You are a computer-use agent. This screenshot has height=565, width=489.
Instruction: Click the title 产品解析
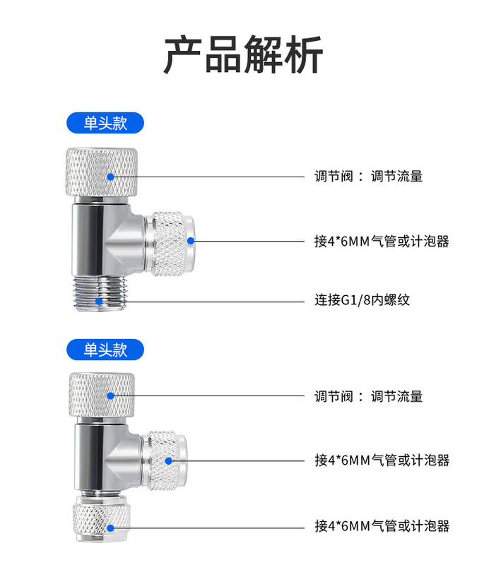pyautogui.click(x=244, y=54)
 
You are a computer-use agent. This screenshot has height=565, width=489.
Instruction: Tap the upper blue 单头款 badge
pyautogui.click(x=105, y=123)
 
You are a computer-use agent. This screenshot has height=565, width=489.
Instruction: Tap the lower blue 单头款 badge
pyautogui.click(x=105, y=349)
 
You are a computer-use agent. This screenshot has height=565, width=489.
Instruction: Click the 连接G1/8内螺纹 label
pyautogui.click(x=362, y=300)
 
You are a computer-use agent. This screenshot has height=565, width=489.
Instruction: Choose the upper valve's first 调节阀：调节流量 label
pyautogui.click(x=368, y=177)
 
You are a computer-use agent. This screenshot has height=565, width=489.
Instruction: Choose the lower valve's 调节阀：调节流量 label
pyautogui.click(x=368, y=397)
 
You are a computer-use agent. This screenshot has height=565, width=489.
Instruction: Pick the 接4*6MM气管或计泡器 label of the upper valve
pyautogui.click(x=382, y=241)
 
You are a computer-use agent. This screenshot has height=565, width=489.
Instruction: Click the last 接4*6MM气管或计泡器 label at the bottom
pyautogui.click(x=382, y=526)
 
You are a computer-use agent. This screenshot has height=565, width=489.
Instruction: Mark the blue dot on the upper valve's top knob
pyautogui.click(x=110, y=177)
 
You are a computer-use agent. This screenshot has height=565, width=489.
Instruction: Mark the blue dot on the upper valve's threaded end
pyautogui.click(x=102, y=302)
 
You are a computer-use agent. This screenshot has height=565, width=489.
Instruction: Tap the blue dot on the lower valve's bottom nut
pyautogui.click(x=110, y=527)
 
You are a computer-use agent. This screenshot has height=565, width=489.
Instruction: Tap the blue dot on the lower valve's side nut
pyautogui.click(x=168, y=460)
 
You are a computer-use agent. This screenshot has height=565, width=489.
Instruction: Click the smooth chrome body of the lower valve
pyautogui.click(x=95, y=456)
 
